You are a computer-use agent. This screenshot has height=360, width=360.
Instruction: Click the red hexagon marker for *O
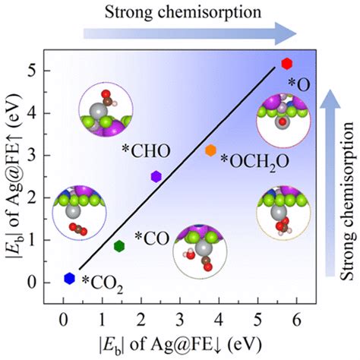point(286,63)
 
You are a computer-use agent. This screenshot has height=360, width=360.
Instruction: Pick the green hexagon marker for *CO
point(118,245)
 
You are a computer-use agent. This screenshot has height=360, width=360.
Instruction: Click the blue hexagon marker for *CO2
point(69,278)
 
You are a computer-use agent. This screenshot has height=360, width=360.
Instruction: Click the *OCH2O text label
point(248,158)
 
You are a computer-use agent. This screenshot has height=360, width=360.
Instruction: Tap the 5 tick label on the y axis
point(45,71)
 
